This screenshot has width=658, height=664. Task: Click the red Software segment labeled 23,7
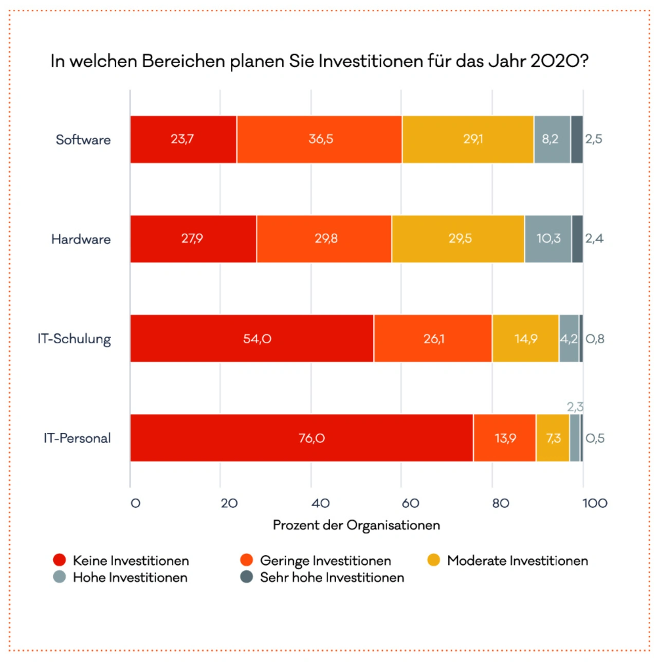point(183,139)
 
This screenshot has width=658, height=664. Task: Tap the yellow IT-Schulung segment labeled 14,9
point(525,339)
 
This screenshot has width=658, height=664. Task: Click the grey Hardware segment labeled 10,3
point(548,239)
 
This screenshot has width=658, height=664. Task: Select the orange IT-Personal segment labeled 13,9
point(505,438)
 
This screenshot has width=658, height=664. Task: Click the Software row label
point(83,140)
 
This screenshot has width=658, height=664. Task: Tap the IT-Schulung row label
point(75,339)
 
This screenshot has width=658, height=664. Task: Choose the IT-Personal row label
point(77,438)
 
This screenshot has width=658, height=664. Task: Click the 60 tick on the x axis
point(410,503)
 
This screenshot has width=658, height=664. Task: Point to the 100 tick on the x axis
point(595,503)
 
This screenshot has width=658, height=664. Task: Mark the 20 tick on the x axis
point(229,503)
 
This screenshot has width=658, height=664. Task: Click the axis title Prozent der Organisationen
point(356,525)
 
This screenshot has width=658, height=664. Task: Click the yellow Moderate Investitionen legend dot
point(434,560)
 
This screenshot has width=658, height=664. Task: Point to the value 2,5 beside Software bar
point(594,139)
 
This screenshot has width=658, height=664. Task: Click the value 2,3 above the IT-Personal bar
point(575,407)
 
